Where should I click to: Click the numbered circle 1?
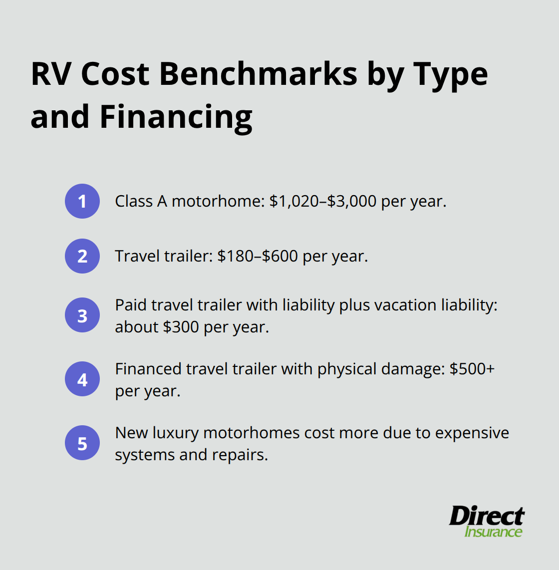coord(82,201)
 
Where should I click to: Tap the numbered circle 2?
coord(82,256)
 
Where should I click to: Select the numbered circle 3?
coord(82,315)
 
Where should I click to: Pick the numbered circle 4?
coord(82,379)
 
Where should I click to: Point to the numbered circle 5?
coord(82,443)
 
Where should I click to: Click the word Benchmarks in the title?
coord(258,74)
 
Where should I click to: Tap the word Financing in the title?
coord(176,117)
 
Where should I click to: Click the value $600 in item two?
coord(280,256)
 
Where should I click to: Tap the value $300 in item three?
coord(181,327)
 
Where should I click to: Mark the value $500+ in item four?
coord(472,369)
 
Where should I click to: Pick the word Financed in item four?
coord(148,369)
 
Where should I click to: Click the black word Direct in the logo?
coord(486,516)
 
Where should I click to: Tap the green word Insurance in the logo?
coord(493,532)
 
